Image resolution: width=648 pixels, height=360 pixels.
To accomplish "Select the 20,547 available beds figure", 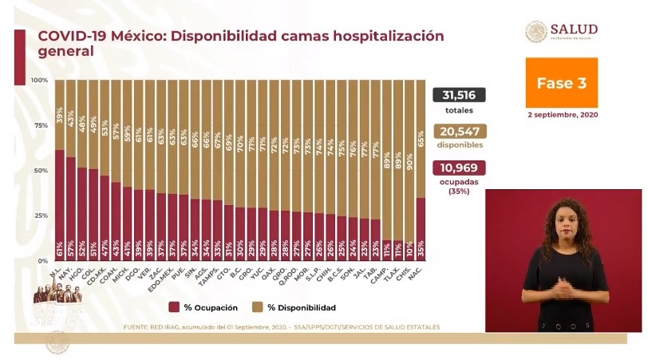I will point(459,132).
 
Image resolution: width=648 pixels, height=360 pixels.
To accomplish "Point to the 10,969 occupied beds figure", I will point(459,168).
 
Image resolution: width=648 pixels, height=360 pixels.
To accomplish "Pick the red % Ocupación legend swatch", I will point(175,307).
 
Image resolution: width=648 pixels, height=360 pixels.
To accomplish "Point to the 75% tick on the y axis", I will point(39,125).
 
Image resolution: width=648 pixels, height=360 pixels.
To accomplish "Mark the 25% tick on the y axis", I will point(39,216).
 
